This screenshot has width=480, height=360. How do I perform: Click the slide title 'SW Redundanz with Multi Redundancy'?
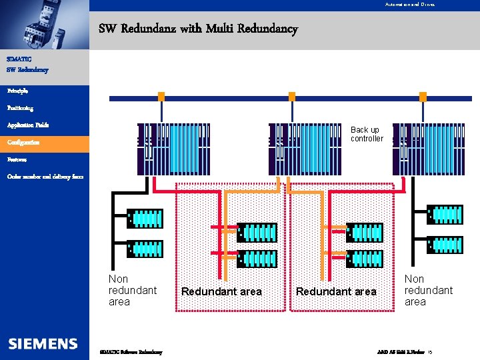pos(198,29)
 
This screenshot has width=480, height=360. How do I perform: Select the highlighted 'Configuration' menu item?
pos(23,143)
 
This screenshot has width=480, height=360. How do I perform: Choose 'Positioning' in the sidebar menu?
pos(20,107)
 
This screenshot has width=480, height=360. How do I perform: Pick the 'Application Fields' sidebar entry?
pos(28,125)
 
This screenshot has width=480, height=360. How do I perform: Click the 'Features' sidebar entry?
pos(17,160)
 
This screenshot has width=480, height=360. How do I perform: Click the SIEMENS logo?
pos(43,343)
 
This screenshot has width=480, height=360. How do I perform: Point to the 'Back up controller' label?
pos(367,134)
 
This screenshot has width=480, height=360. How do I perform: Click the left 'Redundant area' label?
pos(222,291)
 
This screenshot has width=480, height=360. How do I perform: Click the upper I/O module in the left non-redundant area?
pos(145,217)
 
